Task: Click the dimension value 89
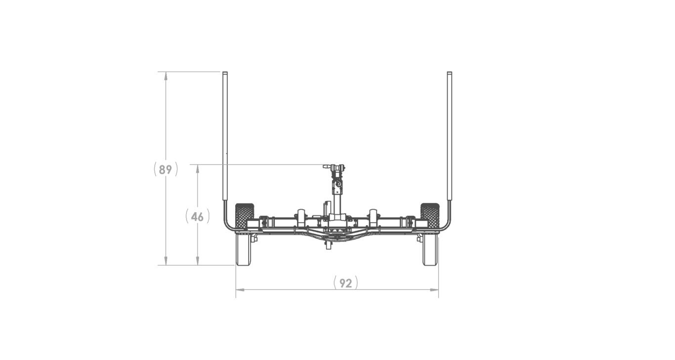point(166,169)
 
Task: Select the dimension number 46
point(198,217)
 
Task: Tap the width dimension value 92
point(345,283)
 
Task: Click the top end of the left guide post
point(225,74)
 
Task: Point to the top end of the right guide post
point(449,74)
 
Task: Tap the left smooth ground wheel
point(243,249)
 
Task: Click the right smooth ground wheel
point(430,249)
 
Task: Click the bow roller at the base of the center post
point(337,218)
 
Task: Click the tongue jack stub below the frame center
point(327,245)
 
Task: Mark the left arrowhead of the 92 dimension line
point(238,290)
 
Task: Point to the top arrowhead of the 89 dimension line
point(166,75)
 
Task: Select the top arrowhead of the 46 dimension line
point(198,167)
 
